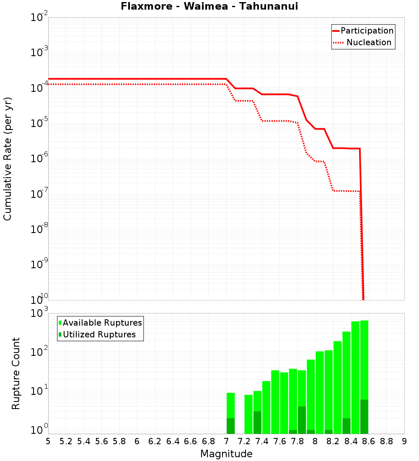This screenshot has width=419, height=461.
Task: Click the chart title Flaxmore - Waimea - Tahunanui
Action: tap(209, 6)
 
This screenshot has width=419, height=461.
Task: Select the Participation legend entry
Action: tap(367, 31)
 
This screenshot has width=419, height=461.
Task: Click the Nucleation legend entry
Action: tap(369, 42)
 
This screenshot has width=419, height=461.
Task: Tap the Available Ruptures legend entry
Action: tap(102, 323)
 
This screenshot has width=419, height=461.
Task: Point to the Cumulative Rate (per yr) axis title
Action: tap(8, 159)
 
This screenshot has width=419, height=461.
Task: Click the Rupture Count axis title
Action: tap(16, 373)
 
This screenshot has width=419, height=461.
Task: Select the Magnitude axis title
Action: tap(226, 454)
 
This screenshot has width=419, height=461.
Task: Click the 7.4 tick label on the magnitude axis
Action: tap(262, 441)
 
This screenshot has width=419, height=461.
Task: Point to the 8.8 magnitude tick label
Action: tap(386, 441)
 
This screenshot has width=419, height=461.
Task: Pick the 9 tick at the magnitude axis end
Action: tap(404, 441)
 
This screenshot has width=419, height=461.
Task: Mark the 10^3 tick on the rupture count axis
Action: tap(40, 313)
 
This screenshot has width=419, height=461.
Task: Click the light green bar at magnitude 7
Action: tap(230, 405)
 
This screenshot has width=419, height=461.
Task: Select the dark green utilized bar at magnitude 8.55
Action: tap(364, 417)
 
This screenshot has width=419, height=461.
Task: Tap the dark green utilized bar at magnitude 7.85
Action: tap(302, 420)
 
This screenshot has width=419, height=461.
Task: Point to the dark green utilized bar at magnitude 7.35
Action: tap(257, 422)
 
